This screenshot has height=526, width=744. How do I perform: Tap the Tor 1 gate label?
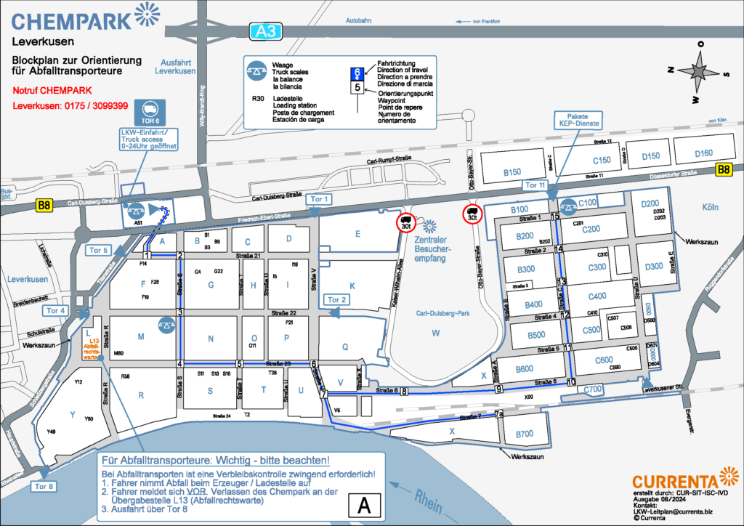pyautogui.click(x=320, y=199)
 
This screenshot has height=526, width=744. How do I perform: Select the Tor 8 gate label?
pyautogui.click(x=43, y=486)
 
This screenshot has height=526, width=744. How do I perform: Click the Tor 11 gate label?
pyautogui.click(x=535, y=186)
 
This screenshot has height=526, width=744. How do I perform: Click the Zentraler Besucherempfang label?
pyautogui.click(x=434, y=244)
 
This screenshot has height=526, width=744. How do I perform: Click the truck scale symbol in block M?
pyautogui.click(x=167, y=324)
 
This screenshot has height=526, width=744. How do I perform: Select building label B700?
pyautogui.click(x=524, y=434)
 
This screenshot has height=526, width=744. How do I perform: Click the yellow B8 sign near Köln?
pyautogui.click(x=724, y=170)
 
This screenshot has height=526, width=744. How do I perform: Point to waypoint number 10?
pyautogui.click(x=571, y=381)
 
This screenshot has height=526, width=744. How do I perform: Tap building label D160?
pyautogui.click(x=703, y=153)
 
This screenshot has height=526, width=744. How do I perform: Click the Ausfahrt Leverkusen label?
pyautogui.click(x=175, y=66)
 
